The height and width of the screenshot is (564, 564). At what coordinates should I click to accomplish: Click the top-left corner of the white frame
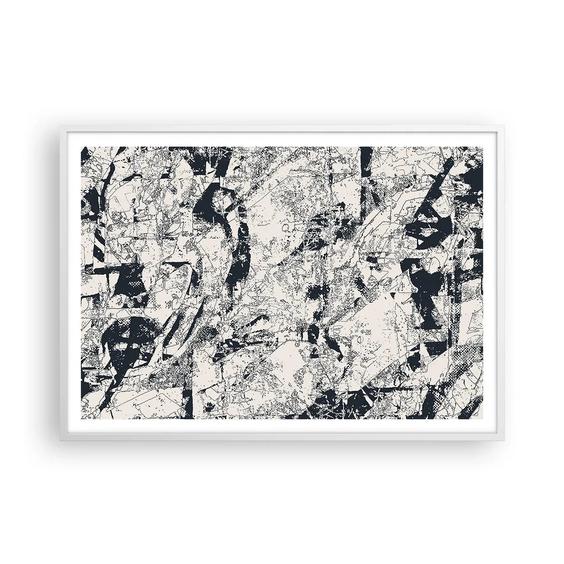pos(60,125)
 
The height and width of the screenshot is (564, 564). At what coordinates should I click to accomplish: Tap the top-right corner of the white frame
pos(505,125)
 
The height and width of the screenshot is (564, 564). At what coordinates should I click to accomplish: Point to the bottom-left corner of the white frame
pos(60,439)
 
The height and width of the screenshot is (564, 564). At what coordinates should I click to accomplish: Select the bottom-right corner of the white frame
pos(505,439)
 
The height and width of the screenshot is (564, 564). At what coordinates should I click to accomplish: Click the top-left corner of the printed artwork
pos(82,147)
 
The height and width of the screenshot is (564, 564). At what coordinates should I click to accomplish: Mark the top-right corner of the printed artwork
pos(483,147)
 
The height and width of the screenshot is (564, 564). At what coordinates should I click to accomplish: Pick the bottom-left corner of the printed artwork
pos(82,418)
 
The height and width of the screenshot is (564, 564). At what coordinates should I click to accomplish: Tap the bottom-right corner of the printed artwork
pos(483,418)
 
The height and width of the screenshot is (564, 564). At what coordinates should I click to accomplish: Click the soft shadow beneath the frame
pos(282,446)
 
